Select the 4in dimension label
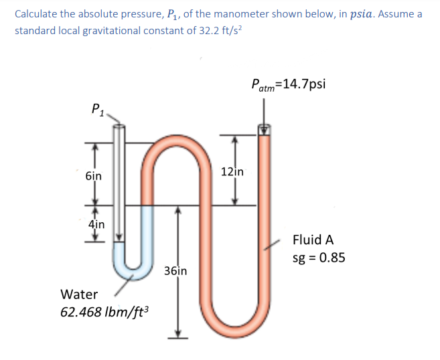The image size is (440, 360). tap(96, 224)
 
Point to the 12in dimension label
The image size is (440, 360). tap(234, 171)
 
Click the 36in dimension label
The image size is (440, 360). tap(175, 271)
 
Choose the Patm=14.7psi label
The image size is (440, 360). tap(289, 84)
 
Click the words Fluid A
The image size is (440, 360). tap(313, 240)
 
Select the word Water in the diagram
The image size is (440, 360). tap(79, 294)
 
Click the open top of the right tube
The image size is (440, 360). tap(265, 130)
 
